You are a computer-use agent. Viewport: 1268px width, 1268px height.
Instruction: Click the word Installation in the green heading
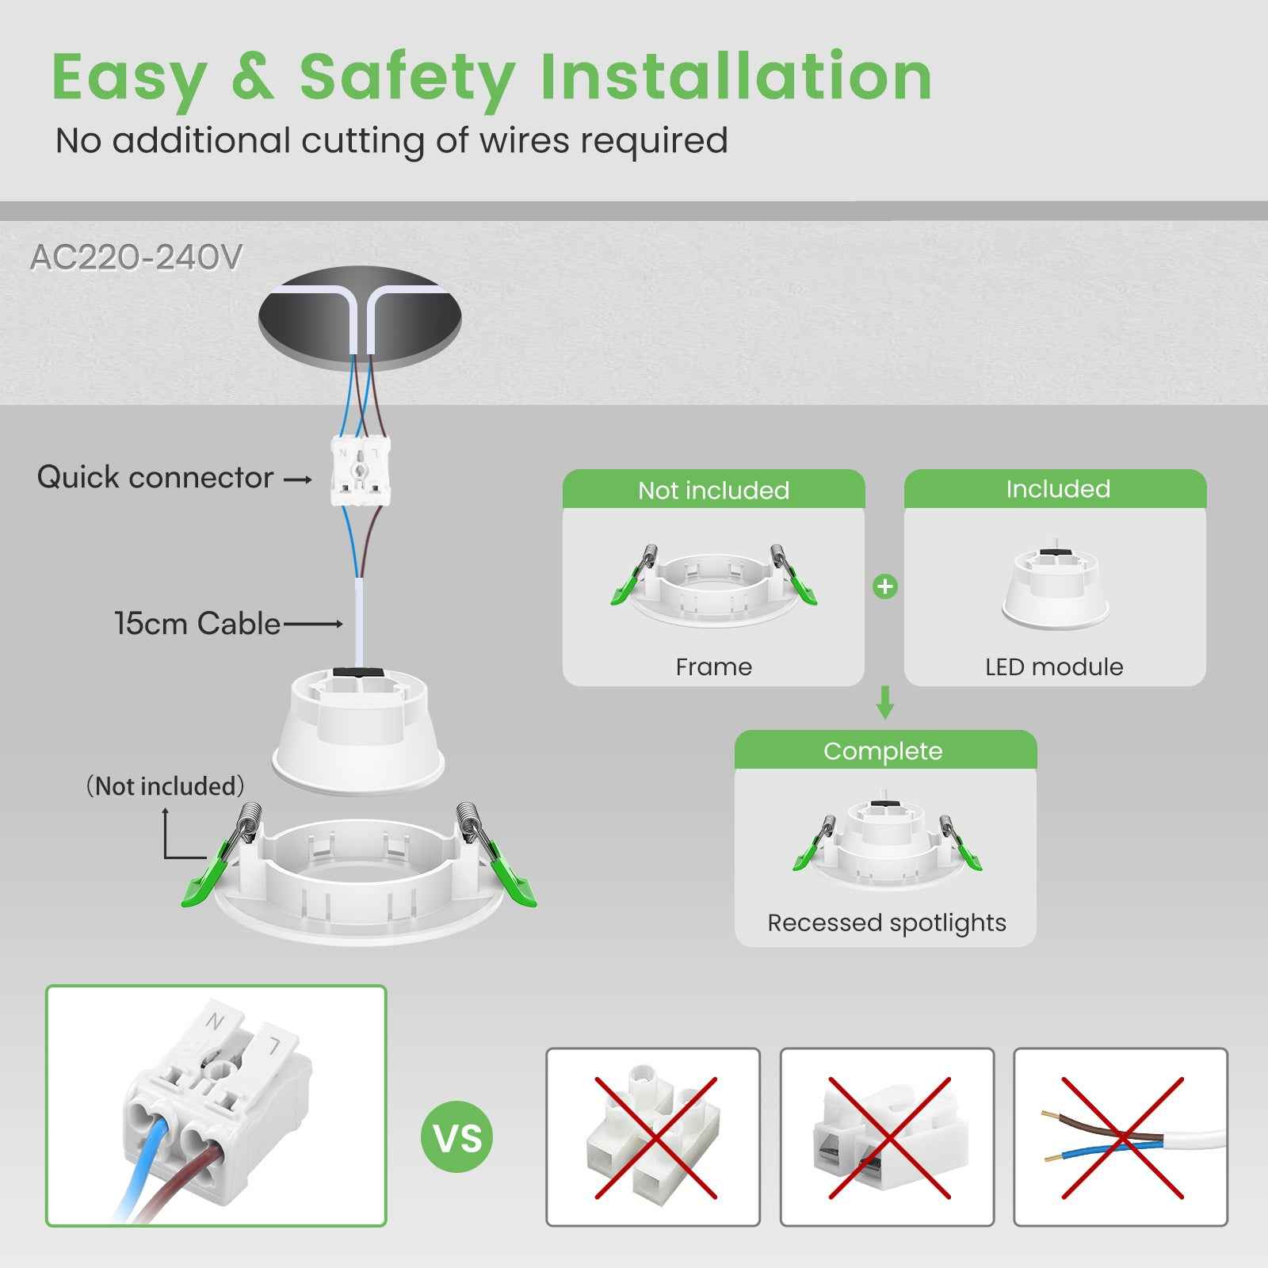735,77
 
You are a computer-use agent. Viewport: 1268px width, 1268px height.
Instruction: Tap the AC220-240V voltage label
136,258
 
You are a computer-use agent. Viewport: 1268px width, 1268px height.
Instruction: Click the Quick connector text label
155,477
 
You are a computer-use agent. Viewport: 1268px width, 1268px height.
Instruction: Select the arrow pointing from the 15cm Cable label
313,624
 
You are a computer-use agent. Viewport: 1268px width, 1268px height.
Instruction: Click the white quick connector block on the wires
361,472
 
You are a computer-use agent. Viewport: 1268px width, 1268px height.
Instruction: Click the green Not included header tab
713,490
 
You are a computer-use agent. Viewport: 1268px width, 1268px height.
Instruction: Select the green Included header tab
1057,489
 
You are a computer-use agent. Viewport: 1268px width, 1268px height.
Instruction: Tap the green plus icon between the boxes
884,587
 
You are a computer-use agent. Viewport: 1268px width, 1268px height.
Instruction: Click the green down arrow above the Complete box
885,702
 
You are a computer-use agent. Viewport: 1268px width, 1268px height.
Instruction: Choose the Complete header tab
883,750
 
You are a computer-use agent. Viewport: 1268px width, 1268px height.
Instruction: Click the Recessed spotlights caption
886,922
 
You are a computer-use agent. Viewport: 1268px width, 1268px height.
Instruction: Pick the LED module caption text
1053,666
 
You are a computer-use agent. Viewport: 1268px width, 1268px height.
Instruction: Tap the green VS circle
456,1137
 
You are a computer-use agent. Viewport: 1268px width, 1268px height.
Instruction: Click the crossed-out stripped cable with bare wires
1121,1138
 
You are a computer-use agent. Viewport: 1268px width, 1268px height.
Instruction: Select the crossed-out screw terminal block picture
653,1138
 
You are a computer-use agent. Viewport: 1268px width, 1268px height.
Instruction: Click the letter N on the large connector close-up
214,1022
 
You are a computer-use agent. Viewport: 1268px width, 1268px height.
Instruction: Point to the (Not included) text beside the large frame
165,786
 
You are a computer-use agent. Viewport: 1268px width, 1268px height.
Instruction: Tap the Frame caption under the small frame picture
713,666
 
